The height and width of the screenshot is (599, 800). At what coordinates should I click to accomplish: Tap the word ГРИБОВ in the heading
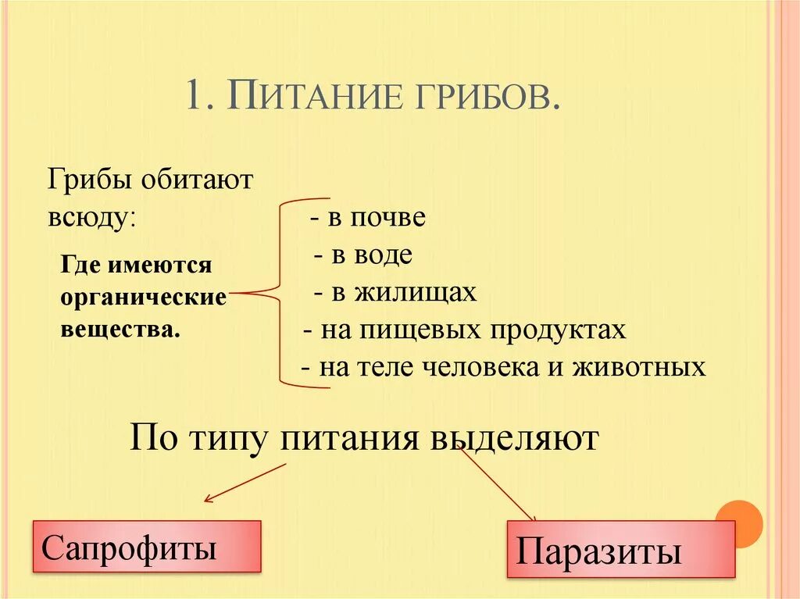tap(478, 98)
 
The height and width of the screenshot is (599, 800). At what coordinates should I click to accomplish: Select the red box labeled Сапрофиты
tap(146, 547)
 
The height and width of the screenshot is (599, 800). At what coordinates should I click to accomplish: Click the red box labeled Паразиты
tap(620, 550)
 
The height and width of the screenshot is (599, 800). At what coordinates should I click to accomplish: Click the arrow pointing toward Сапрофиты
tap(244, 483)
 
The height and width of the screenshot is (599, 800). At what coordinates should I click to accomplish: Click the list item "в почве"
tap(375, 218)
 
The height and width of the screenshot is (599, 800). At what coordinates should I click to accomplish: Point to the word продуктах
tap(558, 330)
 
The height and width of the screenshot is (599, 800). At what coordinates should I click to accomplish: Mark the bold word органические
tap(143, 297)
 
